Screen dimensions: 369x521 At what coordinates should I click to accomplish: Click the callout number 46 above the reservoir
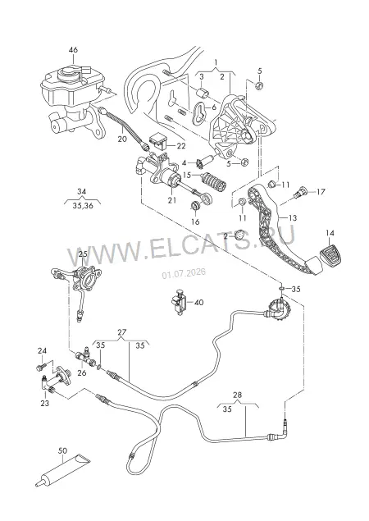tap(73, 50)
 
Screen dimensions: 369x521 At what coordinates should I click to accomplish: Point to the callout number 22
tap(181, 146)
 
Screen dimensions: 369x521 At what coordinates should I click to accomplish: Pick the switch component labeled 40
tap(180, 302)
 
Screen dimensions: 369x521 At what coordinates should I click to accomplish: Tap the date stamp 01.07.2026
tap(184, 273)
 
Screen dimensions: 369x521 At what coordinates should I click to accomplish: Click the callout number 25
tap(83, 254)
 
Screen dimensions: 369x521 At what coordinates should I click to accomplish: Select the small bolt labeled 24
tap(41, 368)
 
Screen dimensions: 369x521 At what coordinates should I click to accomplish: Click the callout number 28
tap(238, 395)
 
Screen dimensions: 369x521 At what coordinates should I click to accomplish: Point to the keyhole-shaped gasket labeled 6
tap(198, 113)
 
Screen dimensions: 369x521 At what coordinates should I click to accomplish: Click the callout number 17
tap(321, 192)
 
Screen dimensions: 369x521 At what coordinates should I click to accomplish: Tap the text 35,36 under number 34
tap(83, 205)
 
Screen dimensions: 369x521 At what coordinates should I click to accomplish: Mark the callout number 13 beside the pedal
tap(293, 218)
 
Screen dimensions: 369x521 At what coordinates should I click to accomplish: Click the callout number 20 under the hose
tap(122, 139)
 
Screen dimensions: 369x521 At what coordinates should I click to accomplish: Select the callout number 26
tap(82, 372)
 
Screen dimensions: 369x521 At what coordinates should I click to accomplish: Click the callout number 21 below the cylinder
tap(172, 200)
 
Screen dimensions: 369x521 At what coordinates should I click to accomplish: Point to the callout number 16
tap(196, 222)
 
